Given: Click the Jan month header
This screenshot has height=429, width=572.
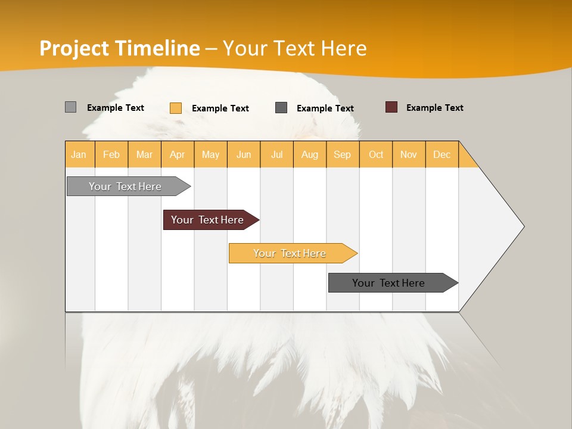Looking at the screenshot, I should coord(79,154).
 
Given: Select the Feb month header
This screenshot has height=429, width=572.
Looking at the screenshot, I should coord(111,154).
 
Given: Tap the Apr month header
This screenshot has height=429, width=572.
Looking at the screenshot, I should coord(178,154).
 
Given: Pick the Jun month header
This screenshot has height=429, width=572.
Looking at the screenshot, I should coord(244,154).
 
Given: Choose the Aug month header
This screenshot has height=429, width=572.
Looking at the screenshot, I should coord(310,154).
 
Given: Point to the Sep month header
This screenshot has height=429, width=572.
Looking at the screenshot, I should coord(343,154).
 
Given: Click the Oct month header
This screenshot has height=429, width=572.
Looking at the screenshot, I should coord(376,154).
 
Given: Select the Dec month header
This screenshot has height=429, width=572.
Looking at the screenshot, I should coord(442,154).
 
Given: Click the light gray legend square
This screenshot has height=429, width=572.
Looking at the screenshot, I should coord(70,107).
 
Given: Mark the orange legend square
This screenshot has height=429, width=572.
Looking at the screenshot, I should coord(176,108).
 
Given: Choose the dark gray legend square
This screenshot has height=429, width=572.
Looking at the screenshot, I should coord(281,107).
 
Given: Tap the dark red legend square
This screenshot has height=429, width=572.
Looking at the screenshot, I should coord(391,107).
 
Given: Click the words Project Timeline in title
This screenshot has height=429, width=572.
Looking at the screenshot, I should coord(120,48).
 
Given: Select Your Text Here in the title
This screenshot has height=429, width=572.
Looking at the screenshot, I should coord(294,48).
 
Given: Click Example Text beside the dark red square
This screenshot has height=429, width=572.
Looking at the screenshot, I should coord(434,108).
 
